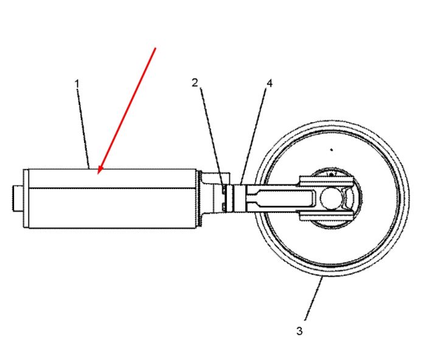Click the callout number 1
pyautogui.click(x=77, y=84)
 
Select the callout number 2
pyautogui.click(x=195, y=83)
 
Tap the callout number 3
pyautogui.click(x=299, y=331)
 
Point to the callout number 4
pyautogui.click(x=269, y=83)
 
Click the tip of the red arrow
pyautogui.click(x=98, y=174)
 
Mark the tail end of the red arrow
pyautogui.click(x=156, y=48)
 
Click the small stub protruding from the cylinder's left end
pyautogui.click(x=18, y=198)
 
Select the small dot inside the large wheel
pyautogui.click(x=331, y=150)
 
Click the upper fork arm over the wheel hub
pyautogui.click(x=327, y=181)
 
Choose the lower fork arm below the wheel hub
pyautogui.click(x=327, y=215)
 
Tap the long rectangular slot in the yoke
pyautogui.click(x=281, y=198)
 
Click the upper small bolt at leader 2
pyautogui.click(x=223, y=190)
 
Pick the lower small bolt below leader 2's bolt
pyautogui.click(x=223, y=206)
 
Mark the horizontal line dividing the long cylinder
pyautogui.click(x=112, y=188)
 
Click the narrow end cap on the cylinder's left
pyautogui.click(x=26, y=198)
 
